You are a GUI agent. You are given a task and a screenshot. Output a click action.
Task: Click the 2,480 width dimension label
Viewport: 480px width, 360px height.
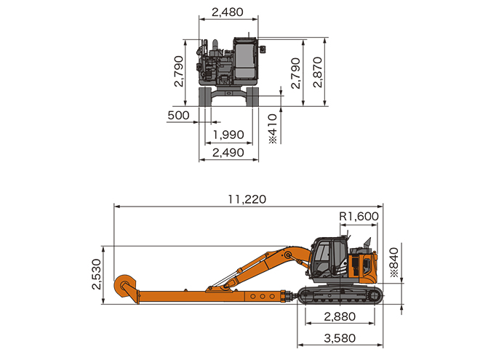228,12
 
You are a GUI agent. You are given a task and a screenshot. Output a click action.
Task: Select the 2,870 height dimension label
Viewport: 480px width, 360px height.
318,72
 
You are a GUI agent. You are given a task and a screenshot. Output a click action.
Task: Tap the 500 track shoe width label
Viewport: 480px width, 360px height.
178,116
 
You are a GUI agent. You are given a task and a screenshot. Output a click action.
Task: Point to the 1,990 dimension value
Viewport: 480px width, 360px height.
228,135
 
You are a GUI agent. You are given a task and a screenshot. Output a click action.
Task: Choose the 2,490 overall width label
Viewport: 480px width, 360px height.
228,153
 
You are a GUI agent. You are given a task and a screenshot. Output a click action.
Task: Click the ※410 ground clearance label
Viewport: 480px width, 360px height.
273,129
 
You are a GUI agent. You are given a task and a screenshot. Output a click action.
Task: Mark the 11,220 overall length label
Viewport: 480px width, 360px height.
247,199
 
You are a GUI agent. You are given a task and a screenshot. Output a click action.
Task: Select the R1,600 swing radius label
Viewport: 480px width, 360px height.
359,217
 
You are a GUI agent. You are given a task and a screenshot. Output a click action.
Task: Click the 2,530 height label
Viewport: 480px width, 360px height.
97,274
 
